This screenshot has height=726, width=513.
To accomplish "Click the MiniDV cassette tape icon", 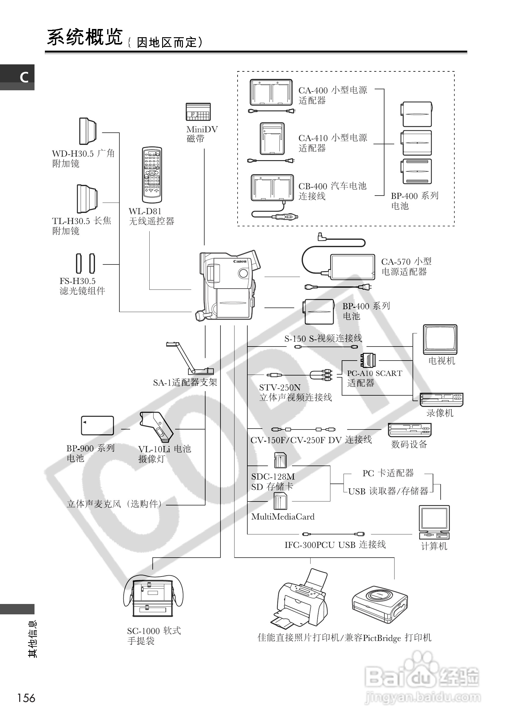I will (x=198, y=112).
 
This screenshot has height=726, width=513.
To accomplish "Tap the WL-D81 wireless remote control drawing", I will (x=152, y=174).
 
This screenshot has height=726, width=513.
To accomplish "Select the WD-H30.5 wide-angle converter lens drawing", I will (x=88, y=131).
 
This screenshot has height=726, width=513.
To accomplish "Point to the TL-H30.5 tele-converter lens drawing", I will (x=87, y=199).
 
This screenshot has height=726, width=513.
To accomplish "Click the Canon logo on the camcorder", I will (x=240, y=261).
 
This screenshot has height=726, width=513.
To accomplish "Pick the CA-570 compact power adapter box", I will (x=352, y=267).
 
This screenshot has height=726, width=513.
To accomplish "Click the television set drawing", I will (x=440, y=339).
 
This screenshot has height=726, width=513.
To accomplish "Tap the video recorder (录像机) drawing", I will (x=441, y=399).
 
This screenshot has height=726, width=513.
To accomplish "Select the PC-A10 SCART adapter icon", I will (x=368, y=360).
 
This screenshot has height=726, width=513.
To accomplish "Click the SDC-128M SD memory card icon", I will (x=280, y=460).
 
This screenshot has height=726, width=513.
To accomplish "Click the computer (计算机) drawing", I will (x=434, y=522).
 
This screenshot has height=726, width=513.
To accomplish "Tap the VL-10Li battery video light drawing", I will (x=156, y=426).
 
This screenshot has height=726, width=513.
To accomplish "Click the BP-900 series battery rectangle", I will (x=97, y=426).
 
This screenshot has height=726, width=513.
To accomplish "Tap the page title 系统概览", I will (x=85, y=37).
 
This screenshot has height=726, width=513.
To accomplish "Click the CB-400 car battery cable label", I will (x=332, y=191).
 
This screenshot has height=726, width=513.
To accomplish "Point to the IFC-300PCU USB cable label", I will (x=335, y=544).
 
